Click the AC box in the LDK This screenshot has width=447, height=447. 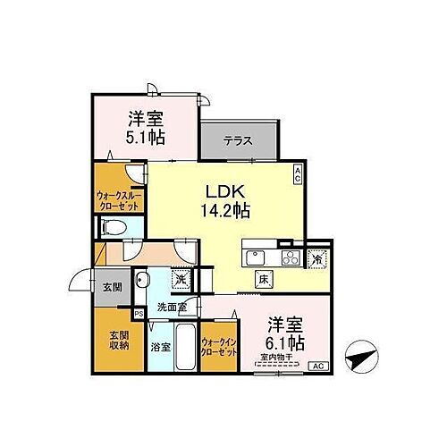[x=298, y=173]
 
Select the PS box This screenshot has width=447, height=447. [x=138, y=314]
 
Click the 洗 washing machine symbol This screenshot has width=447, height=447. [x=180, y=279]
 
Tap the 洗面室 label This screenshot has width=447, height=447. [x=172, y=308]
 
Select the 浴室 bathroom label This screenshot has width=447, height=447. [x=160, y=345]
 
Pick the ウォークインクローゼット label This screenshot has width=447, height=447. [x=219, y=347]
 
